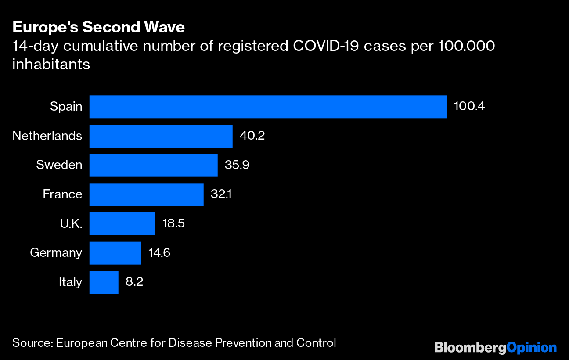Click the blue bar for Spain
point(268,107)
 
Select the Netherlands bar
point(161,136)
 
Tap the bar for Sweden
point(153,165)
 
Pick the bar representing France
point(146,194)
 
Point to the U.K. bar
point(122,224)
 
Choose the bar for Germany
point(115,253)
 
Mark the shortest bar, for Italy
point(104,282)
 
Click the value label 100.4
point(469,107)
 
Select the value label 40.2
point(252,136)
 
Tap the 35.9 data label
point(237,165)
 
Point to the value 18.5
point(173,224)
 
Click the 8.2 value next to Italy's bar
point(134,282)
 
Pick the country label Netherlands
point(47,136)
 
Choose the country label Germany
point(56,253)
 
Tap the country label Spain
point(66,107)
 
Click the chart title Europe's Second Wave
point(98,28)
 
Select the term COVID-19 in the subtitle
point(317,46)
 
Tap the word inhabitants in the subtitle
point(51,65)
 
